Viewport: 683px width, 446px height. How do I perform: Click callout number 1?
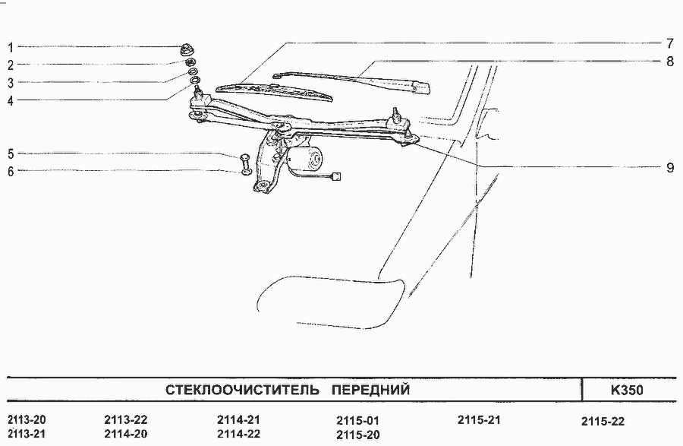[x=11, y=46]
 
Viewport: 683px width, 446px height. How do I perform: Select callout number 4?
[x=11, y=101]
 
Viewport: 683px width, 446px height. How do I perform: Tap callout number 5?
[x=11, y=154]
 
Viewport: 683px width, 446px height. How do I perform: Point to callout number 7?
[x=670, y=43]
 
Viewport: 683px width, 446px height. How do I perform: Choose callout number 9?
[x=670, y=167]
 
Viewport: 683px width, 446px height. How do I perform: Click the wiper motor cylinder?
[x=310, y=158]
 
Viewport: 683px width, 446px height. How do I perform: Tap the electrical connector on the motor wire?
[x=336, y=176]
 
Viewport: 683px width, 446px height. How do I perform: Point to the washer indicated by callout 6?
[x=246, y=171]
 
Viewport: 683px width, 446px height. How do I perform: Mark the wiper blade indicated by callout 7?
[x=275, y=92]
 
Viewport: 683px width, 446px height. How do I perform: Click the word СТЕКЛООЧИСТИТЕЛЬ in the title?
[x=242, y=389]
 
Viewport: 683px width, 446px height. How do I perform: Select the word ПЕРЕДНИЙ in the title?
[x=370, y=389]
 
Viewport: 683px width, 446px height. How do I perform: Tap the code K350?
[x=627, y=389]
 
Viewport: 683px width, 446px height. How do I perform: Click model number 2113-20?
[x=27, y=420]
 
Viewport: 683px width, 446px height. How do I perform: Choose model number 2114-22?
[x=238, y=434]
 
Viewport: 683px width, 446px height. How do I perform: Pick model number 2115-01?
[x=357, y=421]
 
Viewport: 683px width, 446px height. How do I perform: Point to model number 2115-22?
[x=603, y=421]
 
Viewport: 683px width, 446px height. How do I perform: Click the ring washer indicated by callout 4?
[x=196, y=80]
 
